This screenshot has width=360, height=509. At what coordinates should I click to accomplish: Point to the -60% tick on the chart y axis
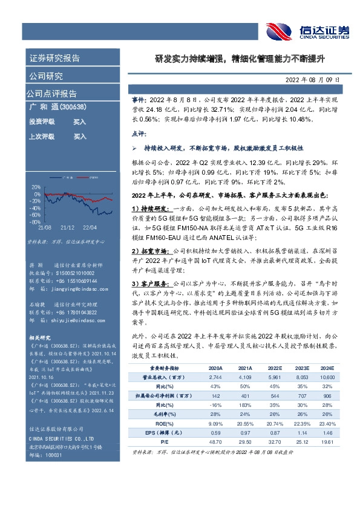(36, 215)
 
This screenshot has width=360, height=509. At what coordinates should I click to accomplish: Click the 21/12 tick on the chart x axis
(67, 227)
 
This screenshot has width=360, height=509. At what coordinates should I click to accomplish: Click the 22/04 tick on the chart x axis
(90, 227)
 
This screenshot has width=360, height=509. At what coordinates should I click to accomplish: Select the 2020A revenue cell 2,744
(215, 376)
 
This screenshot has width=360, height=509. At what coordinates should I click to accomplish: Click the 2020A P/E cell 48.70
(215, 443)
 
